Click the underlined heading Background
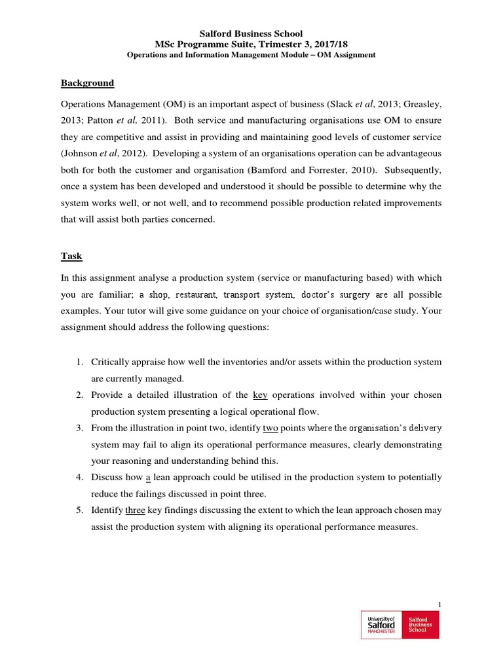coord(87,83)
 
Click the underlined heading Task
coord(71,256)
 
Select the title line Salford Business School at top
coord(251,33)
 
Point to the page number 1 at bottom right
coord(439,604)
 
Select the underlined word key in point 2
coord(260,395)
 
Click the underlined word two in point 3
coord(270,428)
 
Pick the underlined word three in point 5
coord(135,510)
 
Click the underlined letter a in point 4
coord(148,477)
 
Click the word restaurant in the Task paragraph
coord(199,294)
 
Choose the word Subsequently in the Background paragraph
coord(413,169)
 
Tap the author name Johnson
coord(81,153)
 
